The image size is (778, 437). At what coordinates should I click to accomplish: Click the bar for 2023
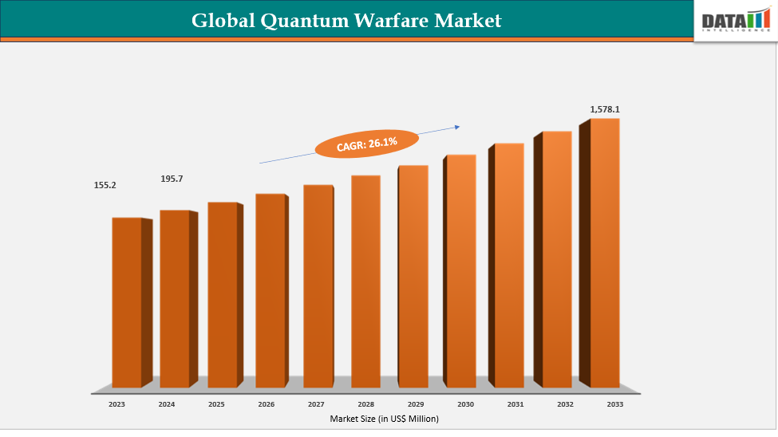(x=127, y=303)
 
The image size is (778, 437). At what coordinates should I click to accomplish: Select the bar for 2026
(x=270, y=291)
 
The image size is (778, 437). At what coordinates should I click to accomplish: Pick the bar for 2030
(x=460, y=271)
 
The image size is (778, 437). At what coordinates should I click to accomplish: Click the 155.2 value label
(x=105, y=185)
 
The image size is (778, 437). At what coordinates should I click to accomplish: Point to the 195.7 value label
(x=172, y=179)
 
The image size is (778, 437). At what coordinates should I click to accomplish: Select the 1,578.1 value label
(x=604, y=108)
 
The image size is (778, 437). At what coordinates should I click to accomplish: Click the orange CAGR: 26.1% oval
(x=367, y=143)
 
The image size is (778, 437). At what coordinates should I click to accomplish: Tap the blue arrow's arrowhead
(x=458, y=125)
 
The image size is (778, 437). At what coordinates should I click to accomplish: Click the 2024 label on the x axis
(x=166, y=404)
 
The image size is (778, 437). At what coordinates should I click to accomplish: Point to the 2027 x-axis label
(x=316, y=404)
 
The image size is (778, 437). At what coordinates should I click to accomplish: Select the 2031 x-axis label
(x=515, y=404)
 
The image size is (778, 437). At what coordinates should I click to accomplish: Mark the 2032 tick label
(x=565, y=404)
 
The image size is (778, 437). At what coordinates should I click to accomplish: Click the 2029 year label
(x=416, y=404)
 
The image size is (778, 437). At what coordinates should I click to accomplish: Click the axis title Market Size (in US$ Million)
(x=384, y=418)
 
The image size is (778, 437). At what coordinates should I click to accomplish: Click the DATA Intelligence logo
(x=733, y=22)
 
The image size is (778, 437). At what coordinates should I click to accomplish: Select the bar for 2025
(x=223, y=295)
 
